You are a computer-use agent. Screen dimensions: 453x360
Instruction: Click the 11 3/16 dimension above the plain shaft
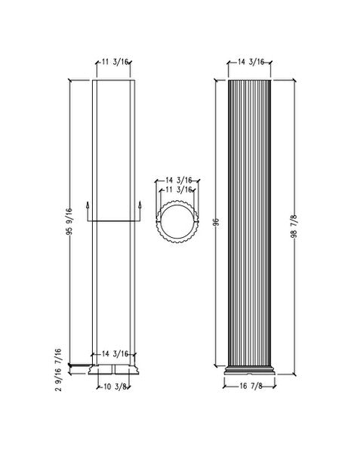(115, 63)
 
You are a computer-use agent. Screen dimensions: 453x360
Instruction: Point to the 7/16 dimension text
(57, 353)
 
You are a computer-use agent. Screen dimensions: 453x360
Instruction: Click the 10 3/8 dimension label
(115, 387)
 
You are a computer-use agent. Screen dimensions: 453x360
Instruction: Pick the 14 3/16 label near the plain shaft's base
(115, 353)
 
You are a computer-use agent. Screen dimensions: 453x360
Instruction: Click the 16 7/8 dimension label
(251, 387)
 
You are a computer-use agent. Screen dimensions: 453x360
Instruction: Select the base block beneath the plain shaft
(115, 370)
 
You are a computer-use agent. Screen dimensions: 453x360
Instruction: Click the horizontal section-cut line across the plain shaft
(115, 221)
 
